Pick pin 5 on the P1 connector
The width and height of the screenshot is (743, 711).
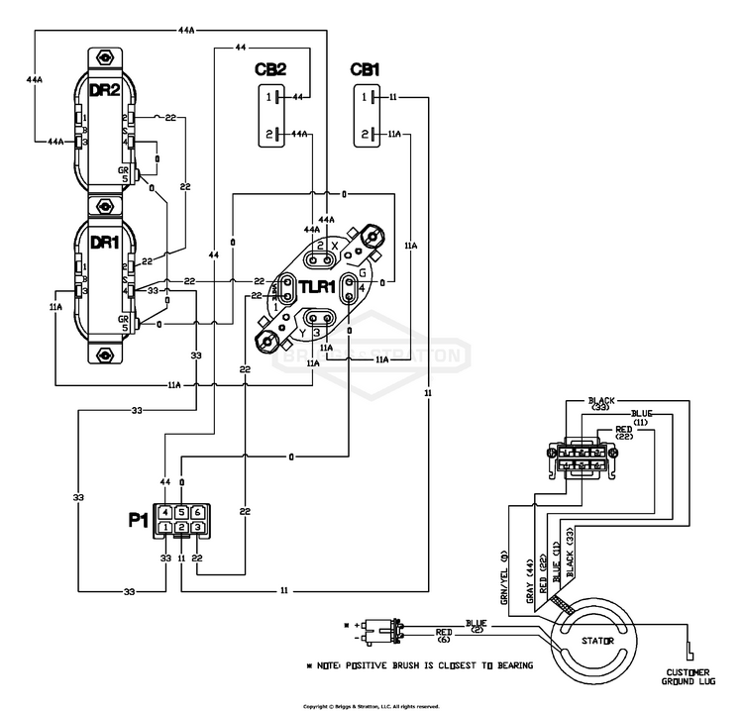182,511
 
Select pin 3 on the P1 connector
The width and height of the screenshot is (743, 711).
198,528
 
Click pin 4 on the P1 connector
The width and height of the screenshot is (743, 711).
166,511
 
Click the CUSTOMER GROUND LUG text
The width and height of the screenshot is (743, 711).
689,677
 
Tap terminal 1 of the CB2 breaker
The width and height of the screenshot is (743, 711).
267,97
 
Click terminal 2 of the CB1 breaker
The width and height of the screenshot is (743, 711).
365,134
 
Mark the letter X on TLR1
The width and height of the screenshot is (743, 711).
335,245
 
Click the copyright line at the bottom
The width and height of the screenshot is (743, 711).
371,705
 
